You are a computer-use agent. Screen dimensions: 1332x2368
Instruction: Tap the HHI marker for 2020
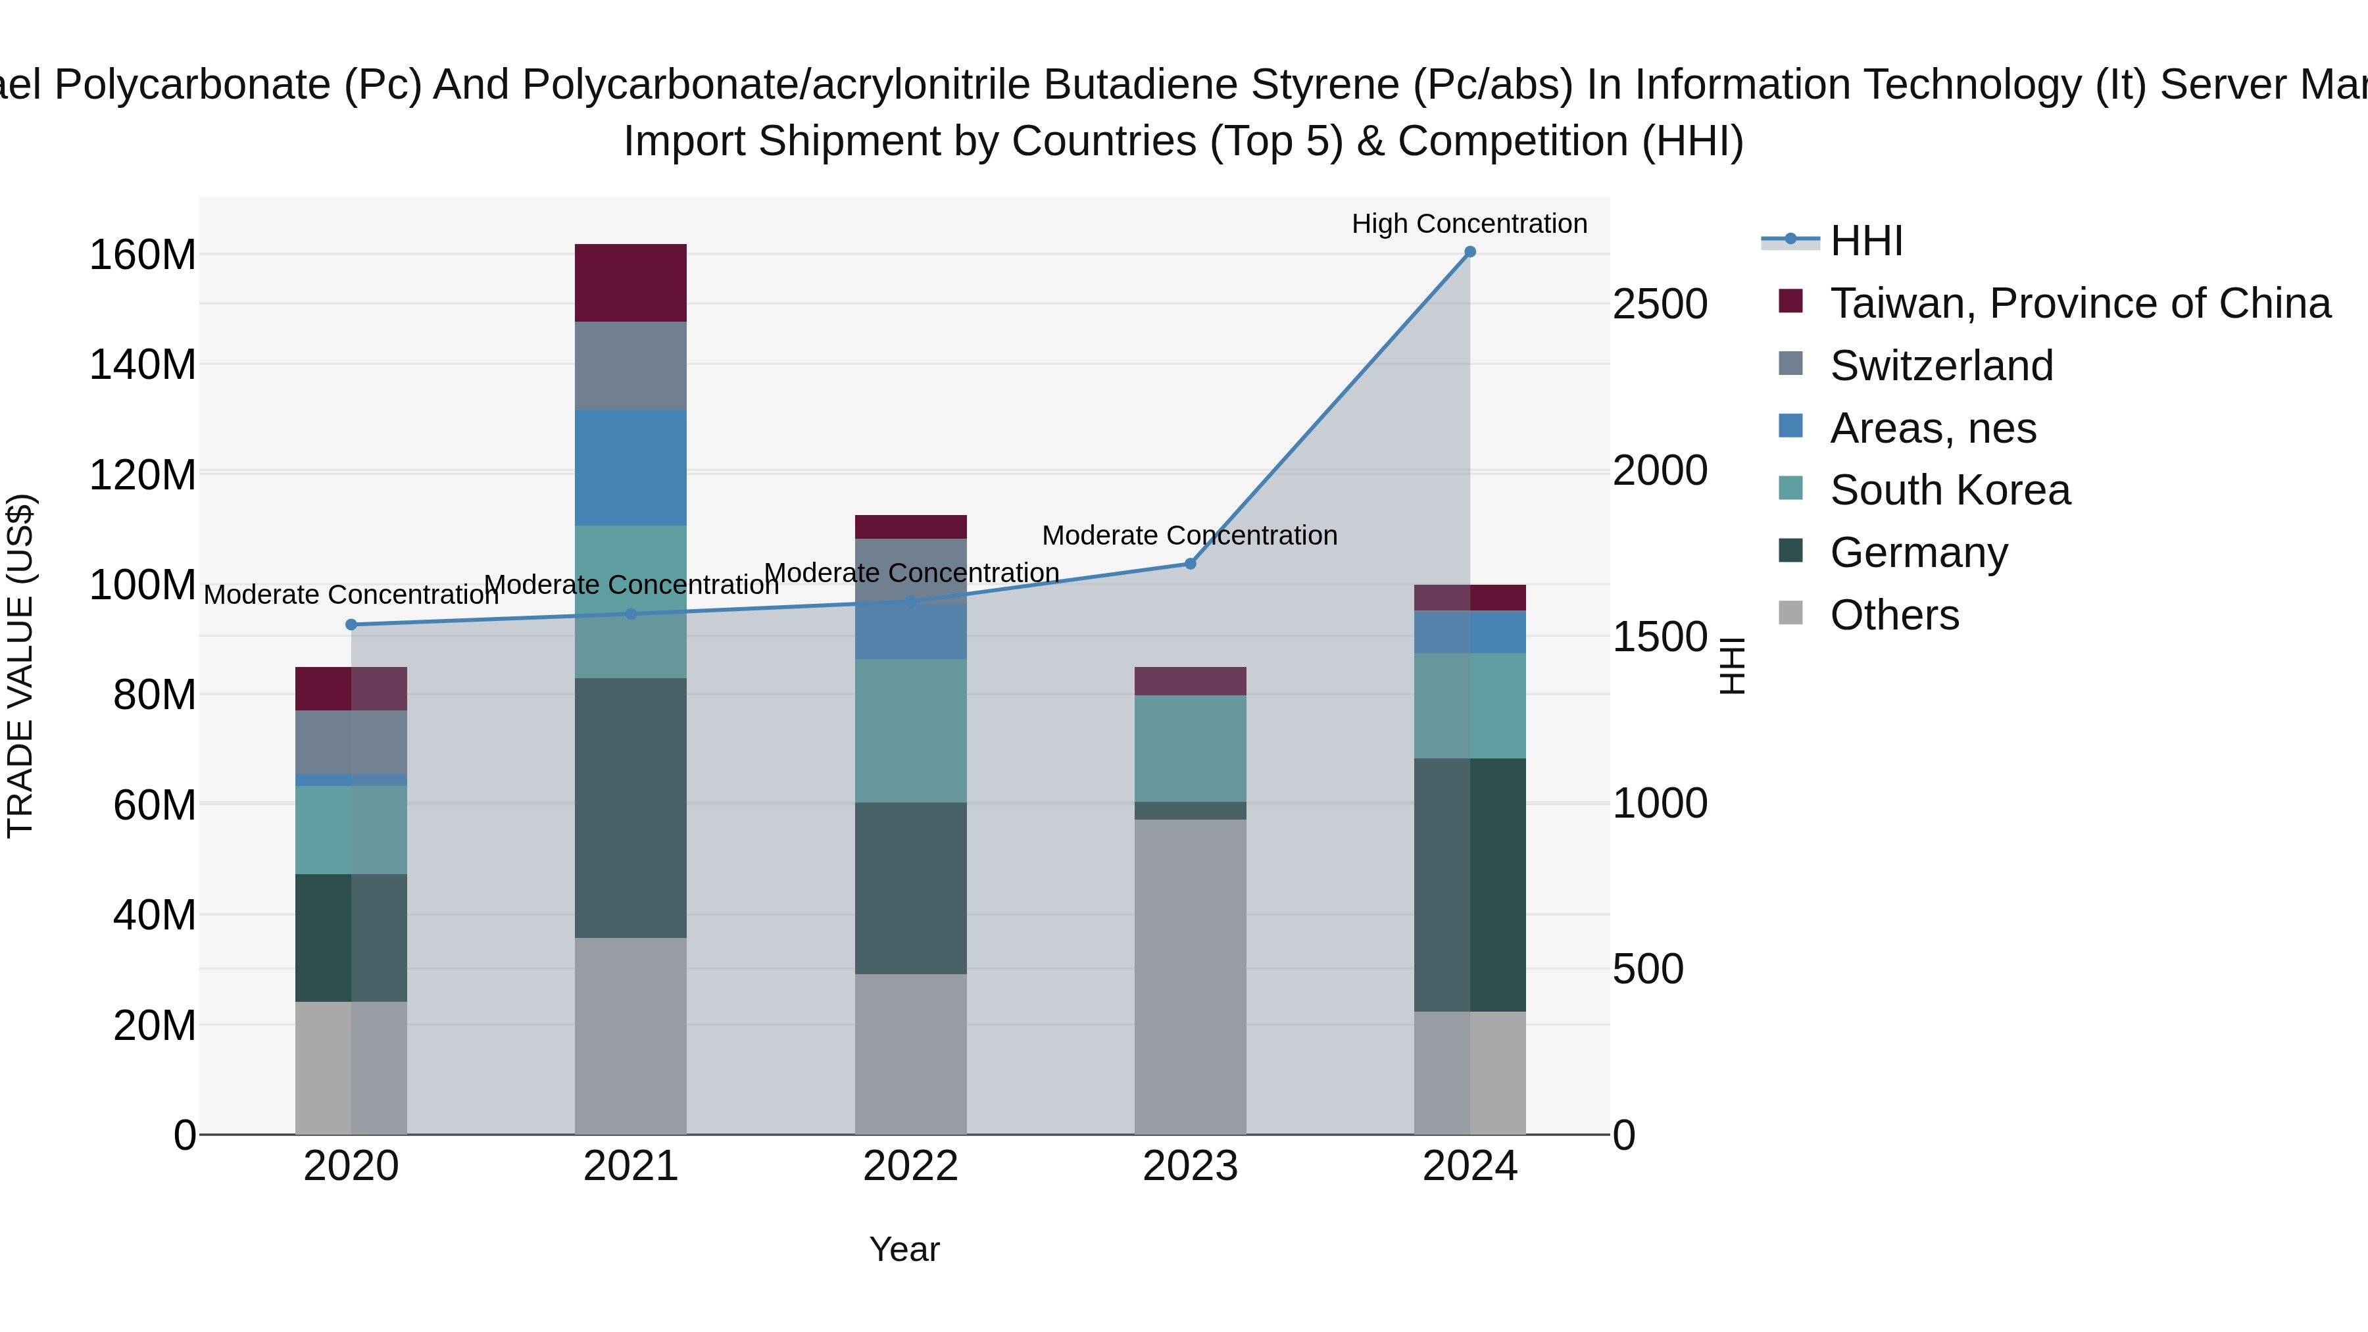point(351,625)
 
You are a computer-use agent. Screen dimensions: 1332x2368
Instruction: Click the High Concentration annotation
point(1468,224)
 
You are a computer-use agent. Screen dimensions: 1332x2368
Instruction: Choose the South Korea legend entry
point(1949,490)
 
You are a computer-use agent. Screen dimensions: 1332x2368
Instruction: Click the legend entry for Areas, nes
point(1933,428)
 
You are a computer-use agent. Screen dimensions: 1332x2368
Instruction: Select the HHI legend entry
point(1865,241)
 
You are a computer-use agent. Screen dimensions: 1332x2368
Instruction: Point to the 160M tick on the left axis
point(143,255)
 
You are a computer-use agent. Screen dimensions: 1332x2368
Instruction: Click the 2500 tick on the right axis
point(1660,305)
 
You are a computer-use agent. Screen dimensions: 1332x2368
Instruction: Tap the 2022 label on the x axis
point(910,1166)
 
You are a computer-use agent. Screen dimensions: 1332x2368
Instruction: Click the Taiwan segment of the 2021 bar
point(631,282)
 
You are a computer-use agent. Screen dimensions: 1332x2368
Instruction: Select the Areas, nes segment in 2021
point(631,467)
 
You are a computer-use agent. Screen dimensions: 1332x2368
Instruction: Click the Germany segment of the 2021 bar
point(631,807)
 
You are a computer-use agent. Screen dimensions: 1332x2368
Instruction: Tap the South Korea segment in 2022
point(910,730)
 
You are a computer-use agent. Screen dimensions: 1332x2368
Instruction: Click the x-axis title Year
point(904,1249)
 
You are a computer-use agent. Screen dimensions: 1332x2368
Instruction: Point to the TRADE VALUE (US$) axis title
point(20,666)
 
